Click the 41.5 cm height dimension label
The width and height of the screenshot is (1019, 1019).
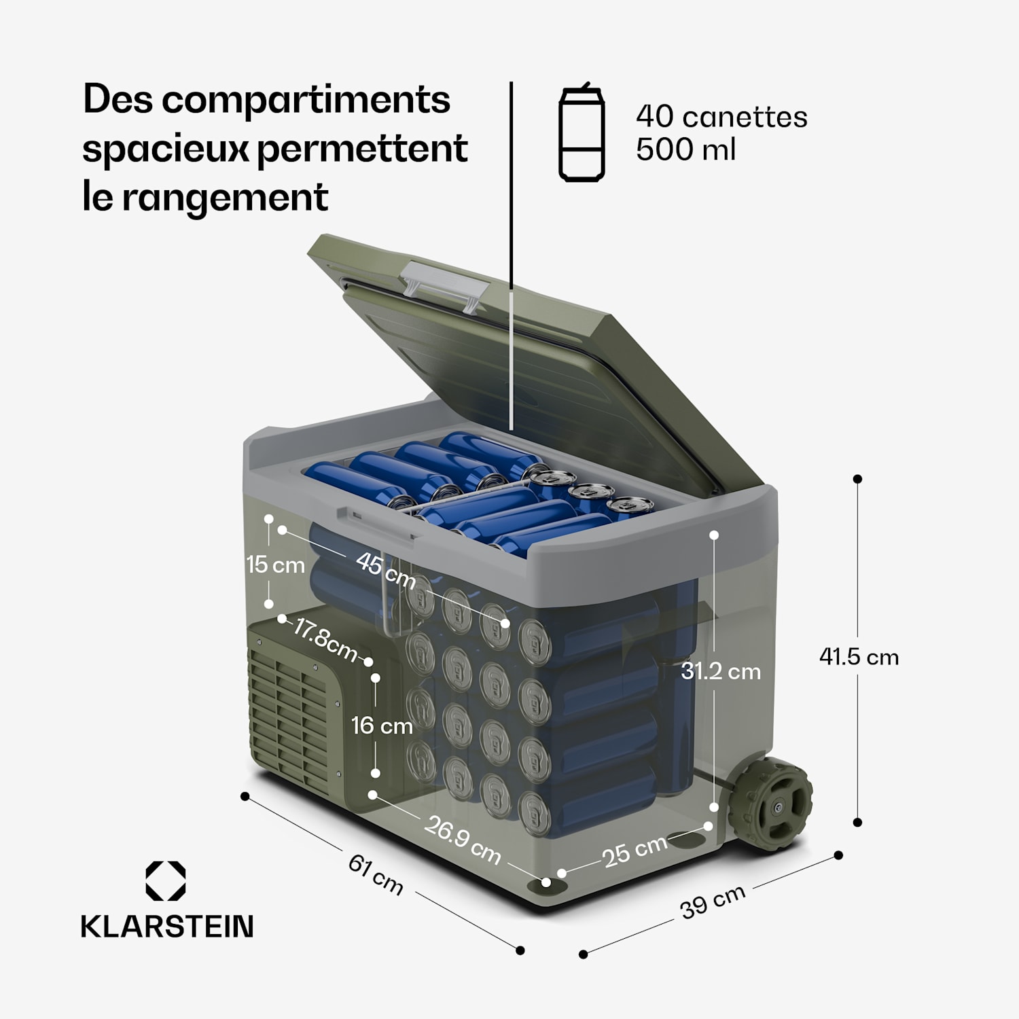(859, 657)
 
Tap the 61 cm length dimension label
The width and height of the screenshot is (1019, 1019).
(376, 874)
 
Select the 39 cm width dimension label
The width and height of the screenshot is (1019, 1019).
(712, 902)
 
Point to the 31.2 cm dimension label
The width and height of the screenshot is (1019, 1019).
(721, 671)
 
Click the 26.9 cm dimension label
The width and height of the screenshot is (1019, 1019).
(463, 839)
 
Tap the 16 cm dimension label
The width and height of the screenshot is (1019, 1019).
(382, 726)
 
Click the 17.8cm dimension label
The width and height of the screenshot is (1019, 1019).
(324, 639)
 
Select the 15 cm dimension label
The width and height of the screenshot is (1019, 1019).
(275, 565)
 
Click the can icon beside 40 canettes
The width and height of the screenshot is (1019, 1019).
(582, 133)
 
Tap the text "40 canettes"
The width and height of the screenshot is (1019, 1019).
(721, 117)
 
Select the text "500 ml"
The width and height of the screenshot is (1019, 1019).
(685, 149)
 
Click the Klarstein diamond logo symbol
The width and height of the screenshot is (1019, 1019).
(166, 881)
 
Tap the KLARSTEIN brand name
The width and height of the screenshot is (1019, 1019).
(167, 927)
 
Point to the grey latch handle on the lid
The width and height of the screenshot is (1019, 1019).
(444, 285)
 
